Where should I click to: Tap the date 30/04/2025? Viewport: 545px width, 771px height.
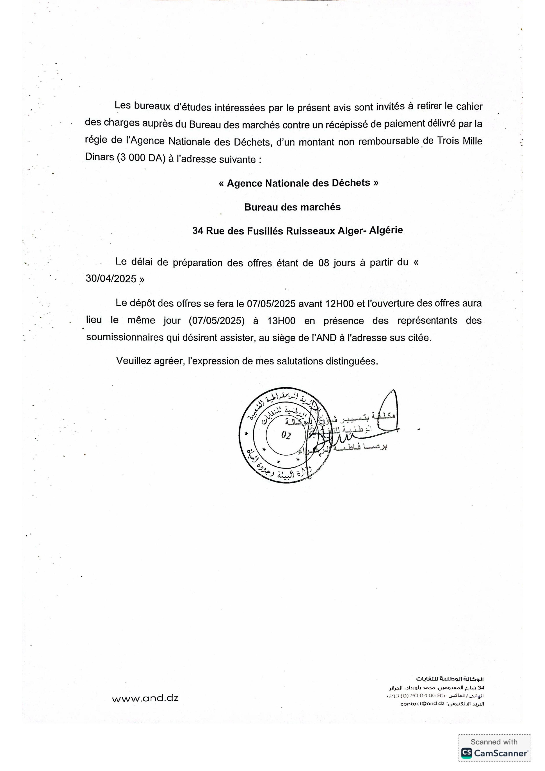(111, 279)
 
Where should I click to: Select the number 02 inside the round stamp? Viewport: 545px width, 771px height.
(286, 435)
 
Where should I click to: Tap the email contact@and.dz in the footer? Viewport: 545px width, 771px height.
(422, 704)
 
